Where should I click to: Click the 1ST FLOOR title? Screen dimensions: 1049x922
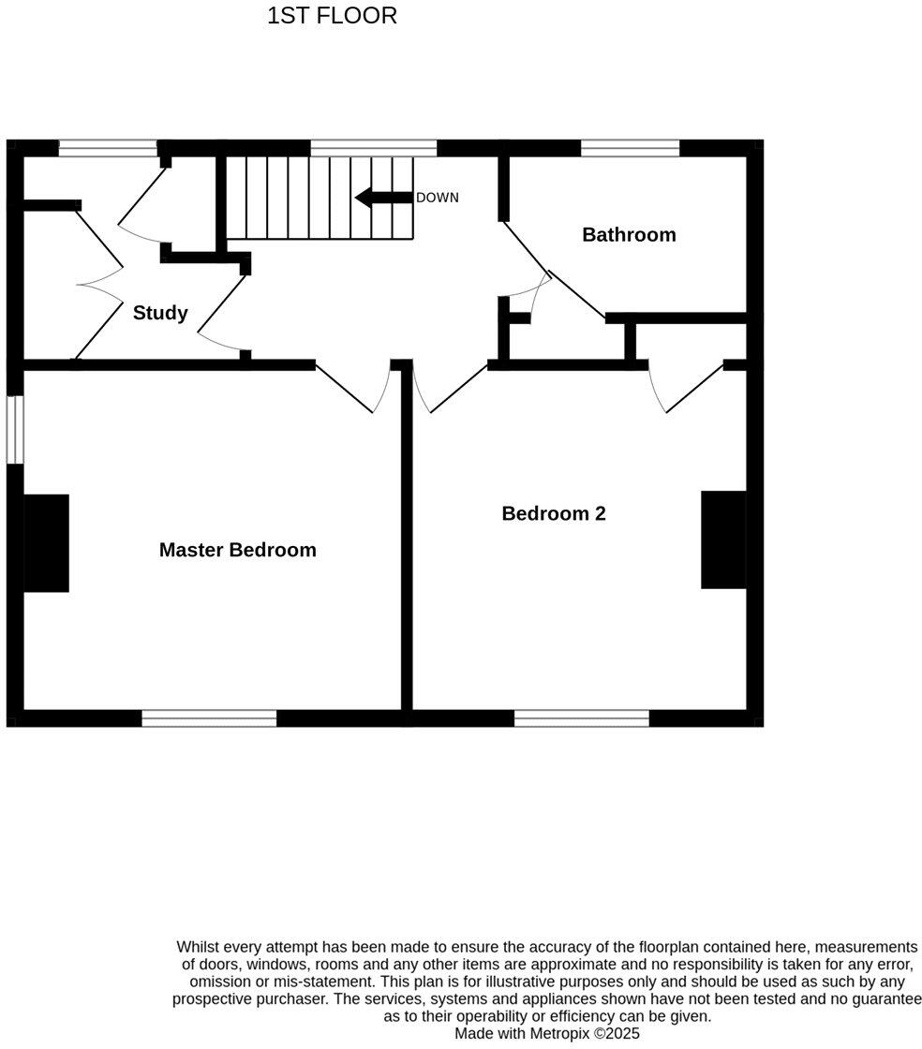click(x=332, y=16)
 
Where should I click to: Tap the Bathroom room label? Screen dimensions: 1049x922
click(x=629, y=234)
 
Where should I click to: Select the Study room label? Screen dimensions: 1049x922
click(x=160, y=313)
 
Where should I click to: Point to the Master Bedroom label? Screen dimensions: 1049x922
click(x=237, y=550)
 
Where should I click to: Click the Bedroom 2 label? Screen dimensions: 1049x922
click(x=553, y=513)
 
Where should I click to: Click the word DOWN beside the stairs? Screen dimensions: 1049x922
click(x=438, y=198)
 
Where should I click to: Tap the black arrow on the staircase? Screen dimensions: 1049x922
click(x=383, y=198)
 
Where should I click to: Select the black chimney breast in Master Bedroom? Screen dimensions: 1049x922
click(x=46, y=543)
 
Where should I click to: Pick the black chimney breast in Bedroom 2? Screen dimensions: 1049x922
click(x=723, y=539)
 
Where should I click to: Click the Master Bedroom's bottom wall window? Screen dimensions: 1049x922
click(x=209, y=718)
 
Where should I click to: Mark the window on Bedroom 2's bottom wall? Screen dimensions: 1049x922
click(x=581, y=718)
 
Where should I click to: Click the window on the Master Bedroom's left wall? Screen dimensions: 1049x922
click(x=15, y=429)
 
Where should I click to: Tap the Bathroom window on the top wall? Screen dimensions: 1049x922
click(x=630, y=148)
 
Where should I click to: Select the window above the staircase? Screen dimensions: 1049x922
click(x=373, y=148)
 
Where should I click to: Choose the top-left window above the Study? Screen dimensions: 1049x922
click(x=108, y=148)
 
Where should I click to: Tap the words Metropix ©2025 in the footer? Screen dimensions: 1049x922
click(x=588, y=1033)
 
